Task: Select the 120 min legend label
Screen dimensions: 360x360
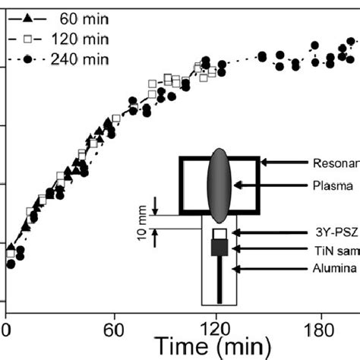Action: (72, 38)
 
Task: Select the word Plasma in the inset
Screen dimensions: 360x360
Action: (333, 184)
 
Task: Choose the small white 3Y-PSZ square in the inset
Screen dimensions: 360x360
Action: (219, 232)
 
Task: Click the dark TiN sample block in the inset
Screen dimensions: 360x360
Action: (219, 248)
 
